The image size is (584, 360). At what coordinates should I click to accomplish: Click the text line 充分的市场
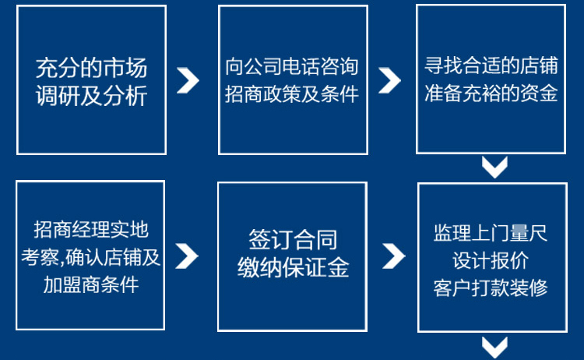click(x=92, y=68)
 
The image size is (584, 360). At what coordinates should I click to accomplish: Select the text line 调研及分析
click(x=92, y=96)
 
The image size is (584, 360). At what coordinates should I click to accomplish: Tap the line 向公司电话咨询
click(x=292, y=66)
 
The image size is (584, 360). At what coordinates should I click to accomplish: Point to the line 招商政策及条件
click(x=292, y=94)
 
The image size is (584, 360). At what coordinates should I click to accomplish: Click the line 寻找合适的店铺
click(x=491, y=65)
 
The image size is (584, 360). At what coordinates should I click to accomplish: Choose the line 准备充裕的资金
click(x=491, y=93)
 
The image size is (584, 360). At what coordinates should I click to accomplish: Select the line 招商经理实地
click(x=91, y=229)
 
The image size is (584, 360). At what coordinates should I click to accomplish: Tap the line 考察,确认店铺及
click(x=90, y=257)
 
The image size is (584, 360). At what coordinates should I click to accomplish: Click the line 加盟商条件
click(x=91, y=284)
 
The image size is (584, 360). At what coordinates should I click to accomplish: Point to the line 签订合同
click(x=293, y=239)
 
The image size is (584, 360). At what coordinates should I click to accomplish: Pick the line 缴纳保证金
click(x=293, y=267)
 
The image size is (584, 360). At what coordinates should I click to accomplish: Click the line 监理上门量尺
click(x=491, y=232)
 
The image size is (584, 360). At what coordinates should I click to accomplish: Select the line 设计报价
click(x=491, y=260)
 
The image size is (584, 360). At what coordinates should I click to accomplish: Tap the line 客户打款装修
click(x=491, y=288)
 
